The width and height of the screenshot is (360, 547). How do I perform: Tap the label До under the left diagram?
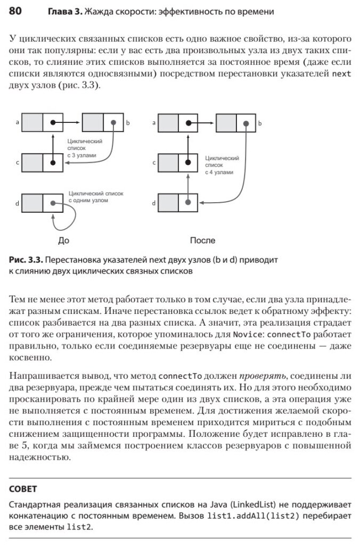coord(63,240)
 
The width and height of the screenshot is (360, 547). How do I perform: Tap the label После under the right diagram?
coord(202,240)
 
